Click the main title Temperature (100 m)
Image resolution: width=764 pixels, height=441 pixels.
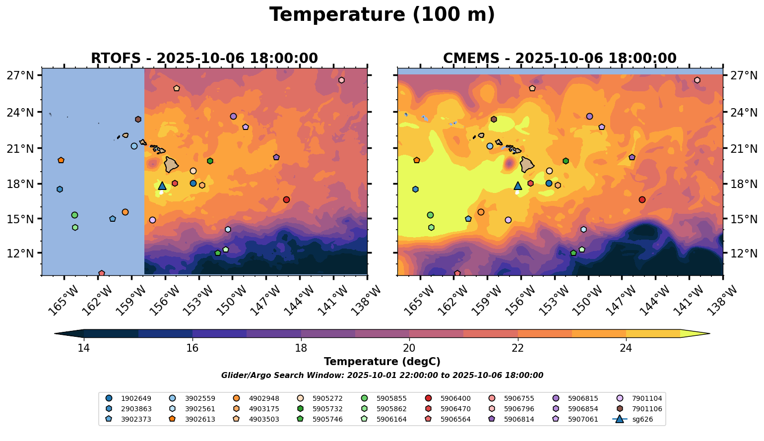tap(382, 15)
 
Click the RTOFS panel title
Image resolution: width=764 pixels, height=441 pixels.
tap(204, 59)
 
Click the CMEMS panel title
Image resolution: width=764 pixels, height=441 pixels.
tap(560, 59)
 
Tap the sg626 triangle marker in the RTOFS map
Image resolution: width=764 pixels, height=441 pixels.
tap(162, 186)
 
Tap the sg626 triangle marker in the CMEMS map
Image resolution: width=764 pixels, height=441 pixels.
tap(518, 186)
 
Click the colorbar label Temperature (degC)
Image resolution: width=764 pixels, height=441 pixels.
tap(382, 362)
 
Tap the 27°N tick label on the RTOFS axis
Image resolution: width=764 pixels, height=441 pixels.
tap(20, 75)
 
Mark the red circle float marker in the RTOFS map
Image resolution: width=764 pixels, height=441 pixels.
tap(286, 199)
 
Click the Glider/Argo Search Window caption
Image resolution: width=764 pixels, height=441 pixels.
tap(382, 376)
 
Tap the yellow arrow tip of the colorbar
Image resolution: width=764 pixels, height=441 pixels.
tap(704, 334)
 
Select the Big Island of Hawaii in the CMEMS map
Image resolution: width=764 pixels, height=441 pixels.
tap(527, 164)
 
